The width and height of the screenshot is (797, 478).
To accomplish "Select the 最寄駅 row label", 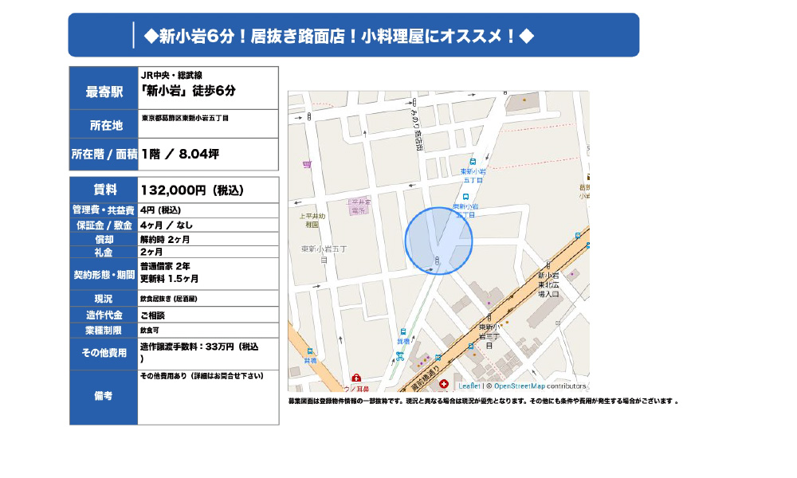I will point(104,92).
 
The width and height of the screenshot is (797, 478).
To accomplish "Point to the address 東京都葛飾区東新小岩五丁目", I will point(185,119).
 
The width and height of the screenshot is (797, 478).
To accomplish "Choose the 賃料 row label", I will point(104,190).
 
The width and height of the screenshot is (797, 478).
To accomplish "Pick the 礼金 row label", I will point(104,252).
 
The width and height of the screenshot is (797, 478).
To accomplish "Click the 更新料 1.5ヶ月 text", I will point(169,279).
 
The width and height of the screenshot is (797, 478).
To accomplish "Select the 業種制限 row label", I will point(104,329).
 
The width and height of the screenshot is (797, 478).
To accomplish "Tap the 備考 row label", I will point(104,395).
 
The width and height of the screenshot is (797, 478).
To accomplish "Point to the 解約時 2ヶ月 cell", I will point(165,239).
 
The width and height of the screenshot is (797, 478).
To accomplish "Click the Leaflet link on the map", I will point(469,386).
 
